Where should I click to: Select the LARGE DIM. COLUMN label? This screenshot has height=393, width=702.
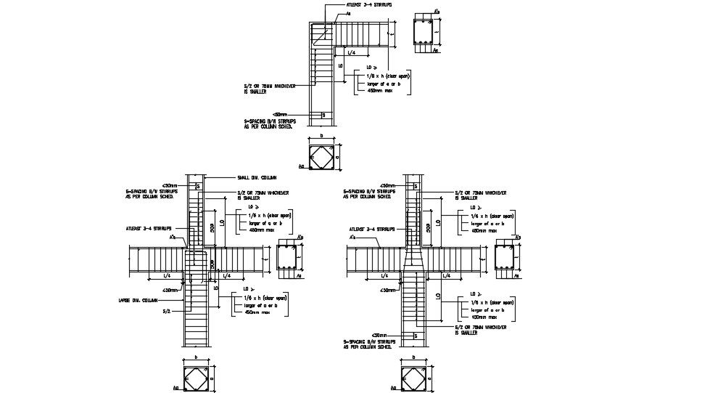138,300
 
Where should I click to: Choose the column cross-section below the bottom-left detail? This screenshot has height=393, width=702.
197,379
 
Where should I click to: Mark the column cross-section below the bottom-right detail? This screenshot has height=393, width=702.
414,379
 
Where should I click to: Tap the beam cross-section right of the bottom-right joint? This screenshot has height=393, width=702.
505,258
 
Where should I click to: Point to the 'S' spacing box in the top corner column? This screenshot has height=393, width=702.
323,115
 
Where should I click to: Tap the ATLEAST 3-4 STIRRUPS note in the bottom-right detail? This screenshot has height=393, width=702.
371,228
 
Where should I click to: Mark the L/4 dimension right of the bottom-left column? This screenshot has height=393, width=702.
227,276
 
